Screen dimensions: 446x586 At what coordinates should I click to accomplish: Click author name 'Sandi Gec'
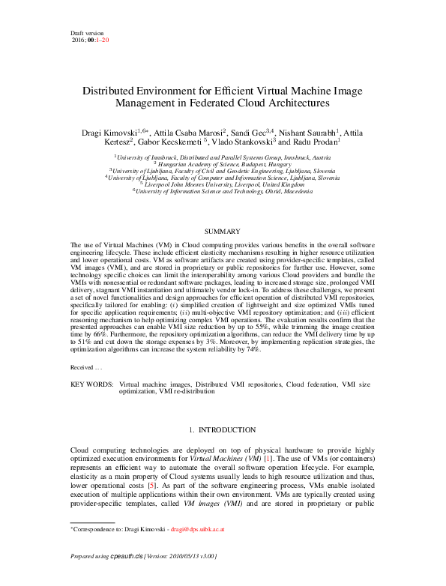pyautogui.click(x=248, y=133)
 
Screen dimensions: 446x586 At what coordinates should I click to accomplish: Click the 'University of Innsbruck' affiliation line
pyautogui.click(x=222, y=157)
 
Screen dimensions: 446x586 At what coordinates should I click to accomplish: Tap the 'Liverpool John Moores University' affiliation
pyautogui.click(x=222, y=184)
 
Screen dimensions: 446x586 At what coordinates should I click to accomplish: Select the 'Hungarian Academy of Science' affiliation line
pyautogui.click(x=222, y=164)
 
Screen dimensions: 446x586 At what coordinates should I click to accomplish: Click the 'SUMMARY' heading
pyautogui.click(x=223, y=232)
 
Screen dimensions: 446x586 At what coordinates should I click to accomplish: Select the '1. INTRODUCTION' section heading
pyautogui.click(x=223, y=430)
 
